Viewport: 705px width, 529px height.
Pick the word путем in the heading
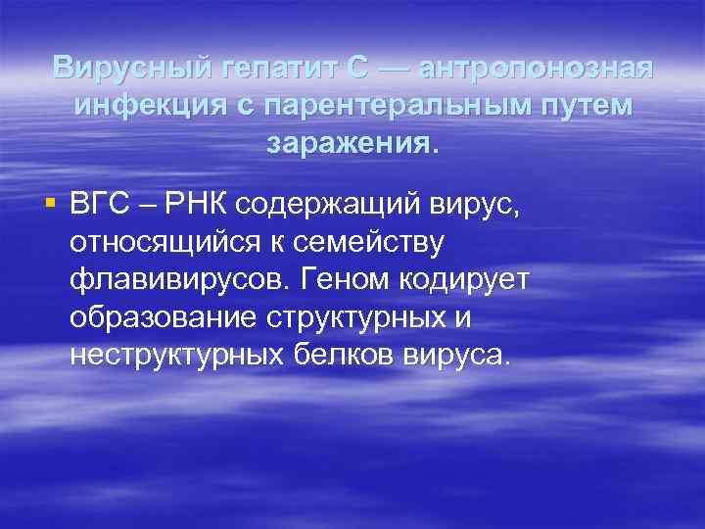coord(587,105)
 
